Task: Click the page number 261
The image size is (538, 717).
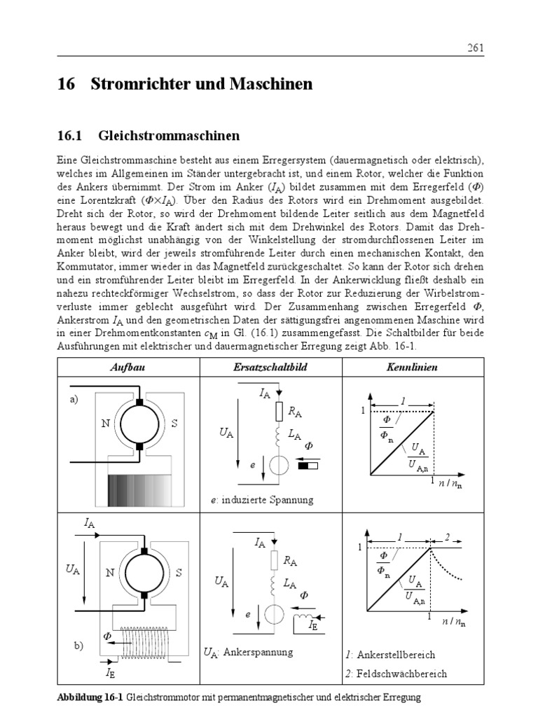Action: [475, 48]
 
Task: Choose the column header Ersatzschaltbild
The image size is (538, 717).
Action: [270, 367]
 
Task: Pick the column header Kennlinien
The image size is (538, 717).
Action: [412, 367]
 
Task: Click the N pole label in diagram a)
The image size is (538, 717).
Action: [104, 424]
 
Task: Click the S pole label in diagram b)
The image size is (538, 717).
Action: [179, 573]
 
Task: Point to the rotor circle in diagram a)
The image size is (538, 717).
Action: [140, 424]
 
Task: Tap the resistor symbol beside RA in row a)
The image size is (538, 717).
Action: [279, 411]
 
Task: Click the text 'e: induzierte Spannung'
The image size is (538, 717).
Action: [262, 500]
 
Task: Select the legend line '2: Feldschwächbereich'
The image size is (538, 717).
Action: [396, 674]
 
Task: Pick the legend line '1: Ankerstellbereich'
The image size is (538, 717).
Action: [390, 655]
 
